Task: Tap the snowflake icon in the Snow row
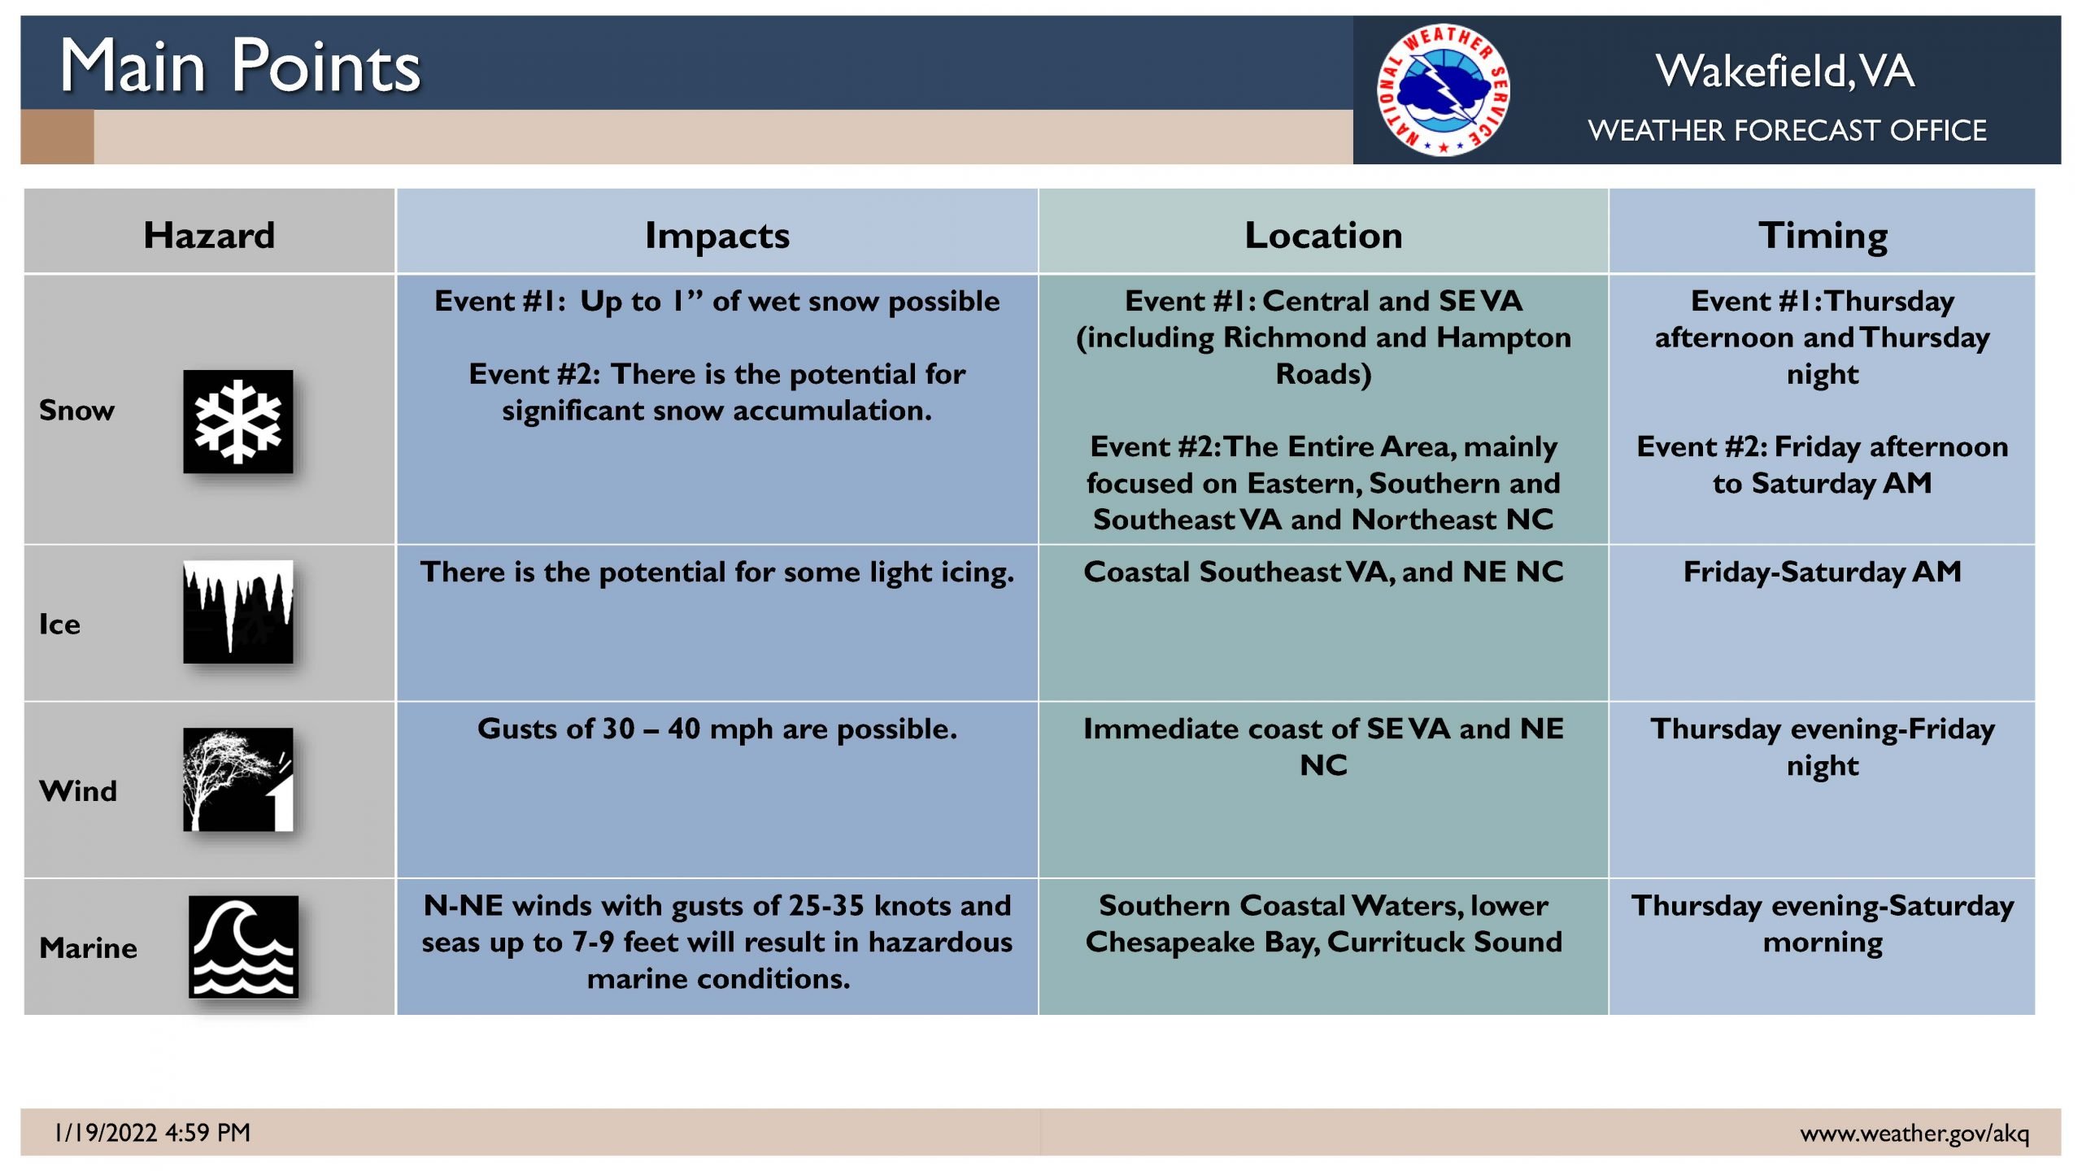(x=237, y=421)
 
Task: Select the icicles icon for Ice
(x=237, y=612)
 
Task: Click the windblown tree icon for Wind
(x=237, y=779)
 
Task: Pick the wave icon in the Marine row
(x=243, y=947)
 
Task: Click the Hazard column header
(x=209, y=235)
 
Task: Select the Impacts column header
(x=717, y=236)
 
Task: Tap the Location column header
(x=1323, y=235)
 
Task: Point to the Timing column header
(x=1823, y=236)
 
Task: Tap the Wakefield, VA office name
(x=1785, y=71)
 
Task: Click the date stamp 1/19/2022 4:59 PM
(x=152, y=1132)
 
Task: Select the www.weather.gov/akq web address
(x=1914, y=1133)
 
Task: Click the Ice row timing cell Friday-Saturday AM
(x=1823, y=572)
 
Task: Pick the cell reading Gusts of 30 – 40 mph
(x=717, y=729)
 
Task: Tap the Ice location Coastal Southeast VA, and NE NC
(x=1323, y=572)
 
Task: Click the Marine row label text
(x=88, y=948)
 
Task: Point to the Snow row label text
(x=76, y=410)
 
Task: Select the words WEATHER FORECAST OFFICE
(x=1787, y=130)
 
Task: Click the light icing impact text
(x=717, y=572)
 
